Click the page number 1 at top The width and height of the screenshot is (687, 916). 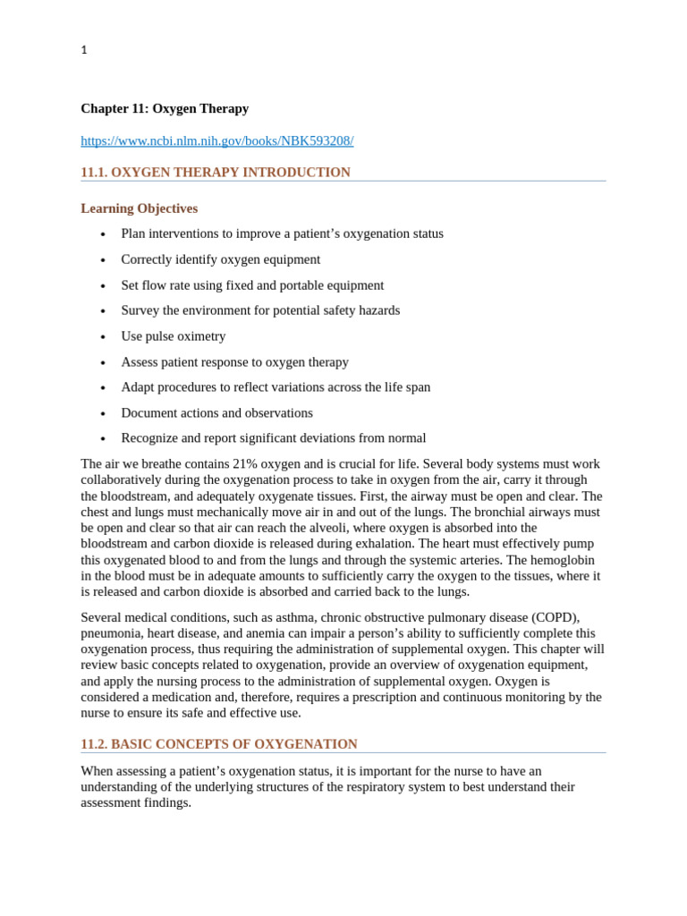click(84, 50)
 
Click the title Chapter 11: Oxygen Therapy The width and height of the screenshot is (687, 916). click(165, 108)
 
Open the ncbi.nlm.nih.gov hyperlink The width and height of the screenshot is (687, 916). click(216, 140)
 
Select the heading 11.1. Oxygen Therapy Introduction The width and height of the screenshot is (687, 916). click(215, 172)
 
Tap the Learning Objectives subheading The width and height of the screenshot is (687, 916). click(139, 208)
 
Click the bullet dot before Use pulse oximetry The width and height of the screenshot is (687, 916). click(103, 337)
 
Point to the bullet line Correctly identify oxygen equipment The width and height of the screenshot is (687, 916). click(220, 259)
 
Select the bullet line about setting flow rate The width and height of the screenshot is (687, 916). click(252, 285)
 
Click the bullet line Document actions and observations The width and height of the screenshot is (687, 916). click(216, 413)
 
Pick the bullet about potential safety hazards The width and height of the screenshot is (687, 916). click(260, 310)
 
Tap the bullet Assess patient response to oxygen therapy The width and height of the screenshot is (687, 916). click(234, 362)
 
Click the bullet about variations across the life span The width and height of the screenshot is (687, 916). click(276, 387)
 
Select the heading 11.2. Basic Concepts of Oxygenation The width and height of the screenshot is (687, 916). click(218, 744)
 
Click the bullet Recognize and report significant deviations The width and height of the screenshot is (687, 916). click(273, 438)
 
